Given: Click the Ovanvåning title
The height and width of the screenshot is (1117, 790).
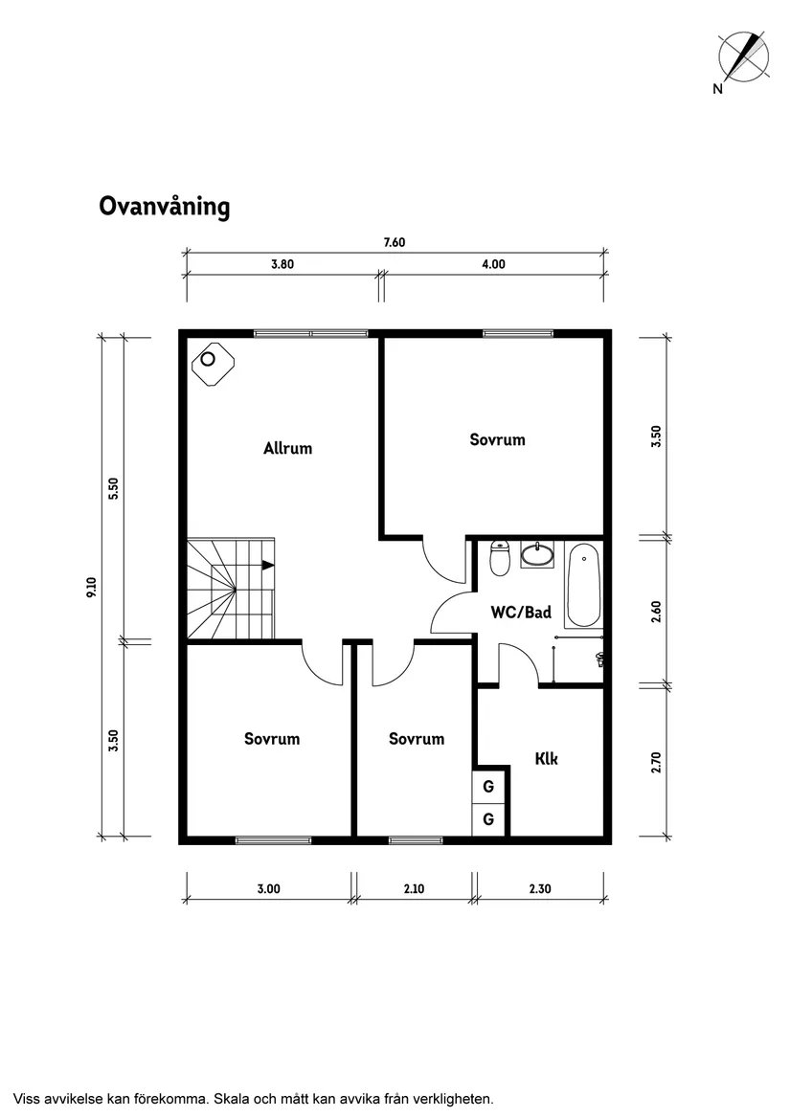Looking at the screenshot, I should [x=164, y=207].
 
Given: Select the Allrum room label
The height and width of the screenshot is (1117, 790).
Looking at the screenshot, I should [x=287, y=448].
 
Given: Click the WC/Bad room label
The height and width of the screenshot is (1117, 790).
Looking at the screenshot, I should [x=521, y=613].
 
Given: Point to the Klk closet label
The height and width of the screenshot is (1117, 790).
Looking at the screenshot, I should [x=546, y=759].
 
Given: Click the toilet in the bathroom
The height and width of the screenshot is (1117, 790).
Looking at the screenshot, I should [x=499, y=558].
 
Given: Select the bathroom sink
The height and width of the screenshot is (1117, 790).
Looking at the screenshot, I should [x=538, y=554].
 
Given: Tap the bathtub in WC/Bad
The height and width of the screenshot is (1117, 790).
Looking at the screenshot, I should [x=582, y=585].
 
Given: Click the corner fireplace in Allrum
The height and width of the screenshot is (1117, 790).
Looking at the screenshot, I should [x=211, y=364].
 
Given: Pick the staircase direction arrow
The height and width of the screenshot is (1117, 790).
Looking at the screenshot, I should [x=268, y=566].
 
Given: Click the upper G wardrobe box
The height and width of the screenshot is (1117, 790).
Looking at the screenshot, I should [x=488, y=788].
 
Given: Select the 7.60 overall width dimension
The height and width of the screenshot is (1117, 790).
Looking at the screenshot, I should [x=395, y=242].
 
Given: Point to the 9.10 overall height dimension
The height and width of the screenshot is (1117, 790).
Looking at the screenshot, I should [x=92, y=587].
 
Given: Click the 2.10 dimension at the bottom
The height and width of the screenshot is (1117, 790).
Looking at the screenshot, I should [x=414, y=889].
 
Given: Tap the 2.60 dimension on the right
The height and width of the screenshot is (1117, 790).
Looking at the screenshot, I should [x=656, y=611].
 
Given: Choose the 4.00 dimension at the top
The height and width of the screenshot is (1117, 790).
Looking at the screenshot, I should [x=492, y=265].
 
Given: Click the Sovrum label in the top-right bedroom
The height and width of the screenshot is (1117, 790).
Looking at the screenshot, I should [x=497, y=440].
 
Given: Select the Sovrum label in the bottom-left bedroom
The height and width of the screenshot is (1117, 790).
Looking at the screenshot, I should [x=271, y=739].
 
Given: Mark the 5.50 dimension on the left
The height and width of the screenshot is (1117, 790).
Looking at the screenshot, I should [x=113, y=488].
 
